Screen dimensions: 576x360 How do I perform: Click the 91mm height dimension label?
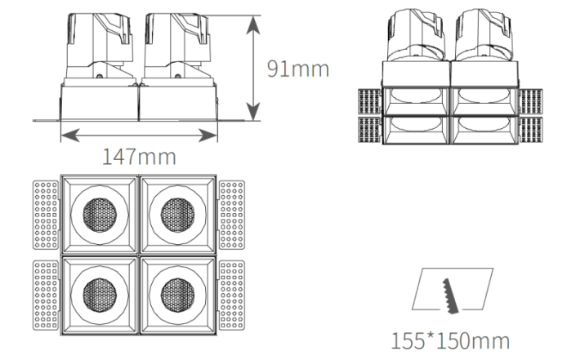[298, 69]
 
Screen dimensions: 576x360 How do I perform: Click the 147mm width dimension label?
[139, 157]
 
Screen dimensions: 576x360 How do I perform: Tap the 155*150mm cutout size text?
[450, 341]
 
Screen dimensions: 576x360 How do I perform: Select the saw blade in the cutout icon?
[451, 296]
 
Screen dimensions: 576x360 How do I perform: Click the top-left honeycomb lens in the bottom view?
[100, 216]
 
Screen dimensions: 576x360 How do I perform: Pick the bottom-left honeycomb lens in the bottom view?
[100, 295]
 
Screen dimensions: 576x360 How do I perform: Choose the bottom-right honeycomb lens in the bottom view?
[178, 295]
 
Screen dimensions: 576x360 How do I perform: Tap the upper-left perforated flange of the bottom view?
[46, 215]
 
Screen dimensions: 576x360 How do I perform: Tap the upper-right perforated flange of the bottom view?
[232, 215]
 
